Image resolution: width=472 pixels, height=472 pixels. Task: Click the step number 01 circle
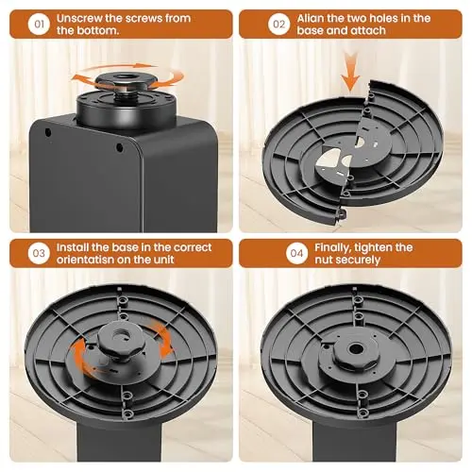(x=39, y=24)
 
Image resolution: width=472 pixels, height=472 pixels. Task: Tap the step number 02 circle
(x=278, y=24)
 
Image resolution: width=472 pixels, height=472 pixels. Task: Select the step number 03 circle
(x=39, y=253)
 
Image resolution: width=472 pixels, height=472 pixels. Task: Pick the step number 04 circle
(x=296, y=253)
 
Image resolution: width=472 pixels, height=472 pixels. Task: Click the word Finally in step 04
(x=333, y=248)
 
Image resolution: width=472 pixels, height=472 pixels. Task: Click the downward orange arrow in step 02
(x=350, y=71)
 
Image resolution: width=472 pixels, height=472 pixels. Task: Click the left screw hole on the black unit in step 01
(x=48, y=132)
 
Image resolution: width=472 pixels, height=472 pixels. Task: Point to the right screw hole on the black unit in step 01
(x=119, y=147)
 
